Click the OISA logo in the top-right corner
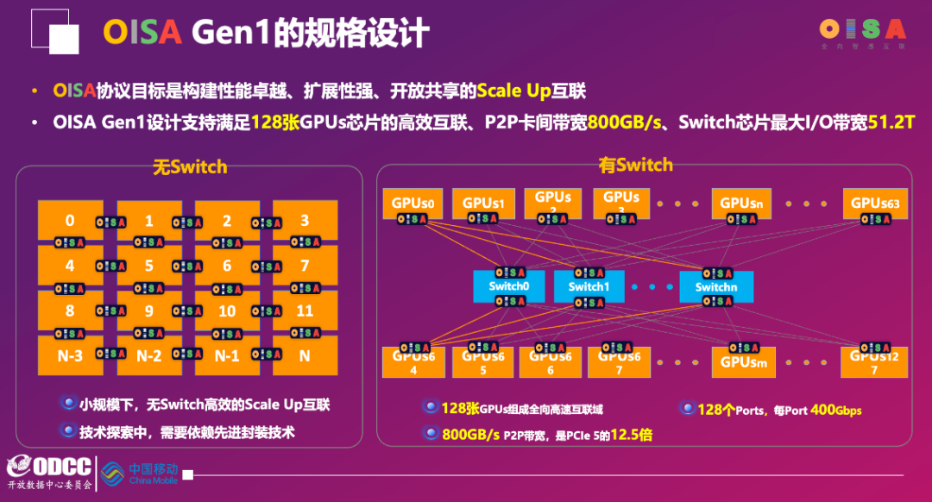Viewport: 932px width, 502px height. point(862,31)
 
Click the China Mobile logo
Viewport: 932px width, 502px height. point(139,473)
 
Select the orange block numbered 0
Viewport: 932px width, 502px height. point(70,221)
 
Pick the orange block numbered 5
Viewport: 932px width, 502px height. point(149,267)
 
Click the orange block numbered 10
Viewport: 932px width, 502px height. point(227,311)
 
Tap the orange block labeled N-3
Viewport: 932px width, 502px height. point(70,355)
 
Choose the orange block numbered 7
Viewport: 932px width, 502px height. point(305,267)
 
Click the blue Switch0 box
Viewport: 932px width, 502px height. point(507,286)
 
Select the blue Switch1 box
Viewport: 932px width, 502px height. point(589,286)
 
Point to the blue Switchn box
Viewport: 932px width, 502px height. point(716,286)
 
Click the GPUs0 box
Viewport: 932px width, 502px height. point(412,204)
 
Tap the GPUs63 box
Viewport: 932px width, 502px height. point(875,204)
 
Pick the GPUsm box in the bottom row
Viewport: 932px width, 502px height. point(743,362)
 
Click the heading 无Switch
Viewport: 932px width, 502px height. point(190,166)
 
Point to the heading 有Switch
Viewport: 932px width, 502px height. point(636,164)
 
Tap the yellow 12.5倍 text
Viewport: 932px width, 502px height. point(632,435)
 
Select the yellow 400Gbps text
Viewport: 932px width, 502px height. point(836,410)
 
